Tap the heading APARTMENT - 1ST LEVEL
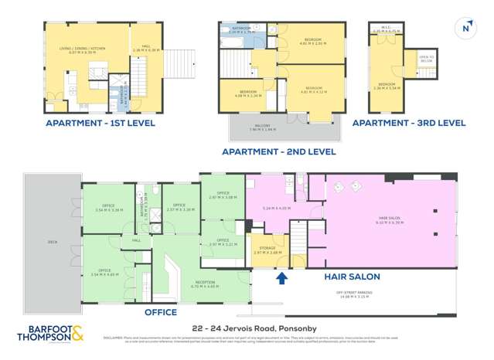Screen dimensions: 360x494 tap(100, 123)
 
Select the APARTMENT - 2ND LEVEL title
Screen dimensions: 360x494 tap(278, 152)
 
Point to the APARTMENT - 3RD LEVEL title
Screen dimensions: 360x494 tap(409, 123)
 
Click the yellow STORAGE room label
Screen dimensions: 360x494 tap(263, 248)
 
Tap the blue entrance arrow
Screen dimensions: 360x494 tap(282, 277)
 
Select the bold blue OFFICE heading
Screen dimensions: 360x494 tap(167, 313)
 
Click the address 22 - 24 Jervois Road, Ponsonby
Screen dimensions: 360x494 tap(247, 328)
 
